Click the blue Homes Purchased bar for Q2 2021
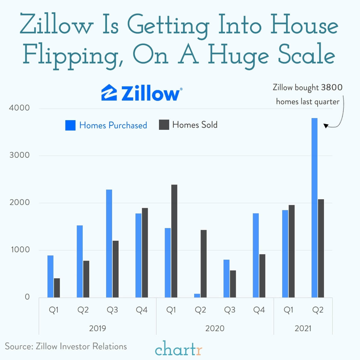point(314,207)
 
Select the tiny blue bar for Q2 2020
point(197,295)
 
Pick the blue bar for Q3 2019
point(109,243)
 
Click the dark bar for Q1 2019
point(57,288)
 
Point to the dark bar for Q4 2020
point(262,276)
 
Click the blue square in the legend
point(70,125)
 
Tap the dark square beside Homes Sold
point(164,125)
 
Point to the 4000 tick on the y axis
point(19,108)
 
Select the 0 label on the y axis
point(27,297)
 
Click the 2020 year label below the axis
point(215,328)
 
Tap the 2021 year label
point(303,328)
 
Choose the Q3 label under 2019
point(112,310)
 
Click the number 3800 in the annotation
point(332,87)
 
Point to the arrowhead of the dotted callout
point(325,126)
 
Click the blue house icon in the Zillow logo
point(109,93)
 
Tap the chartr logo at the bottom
point(178,349)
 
